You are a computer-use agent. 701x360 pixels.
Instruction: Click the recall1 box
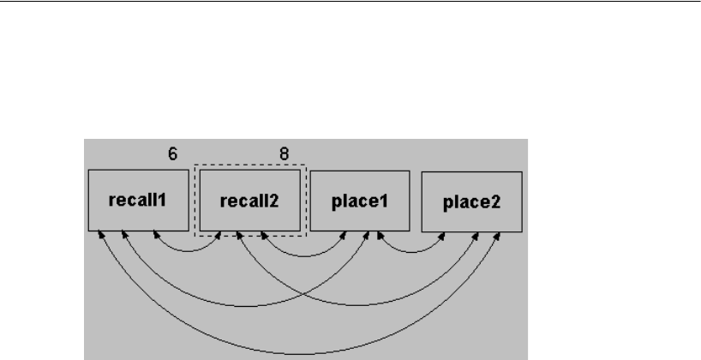(x=138, y=201)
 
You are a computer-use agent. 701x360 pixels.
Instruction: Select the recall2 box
(x=249, y=201)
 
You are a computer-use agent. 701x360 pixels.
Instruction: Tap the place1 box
(x=360, y=201)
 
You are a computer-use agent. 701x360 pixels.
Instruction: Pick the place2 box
(x=471, y=202)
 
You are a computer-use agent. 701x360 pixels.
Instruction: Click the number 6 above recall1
(x=171, y=154)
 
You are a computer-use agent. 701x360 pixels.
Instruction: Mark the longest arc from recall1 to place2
(x=300, y=353)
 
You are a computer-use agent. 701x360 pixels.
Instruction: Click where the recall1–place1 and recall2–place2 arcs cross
(x=302, y=291)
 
